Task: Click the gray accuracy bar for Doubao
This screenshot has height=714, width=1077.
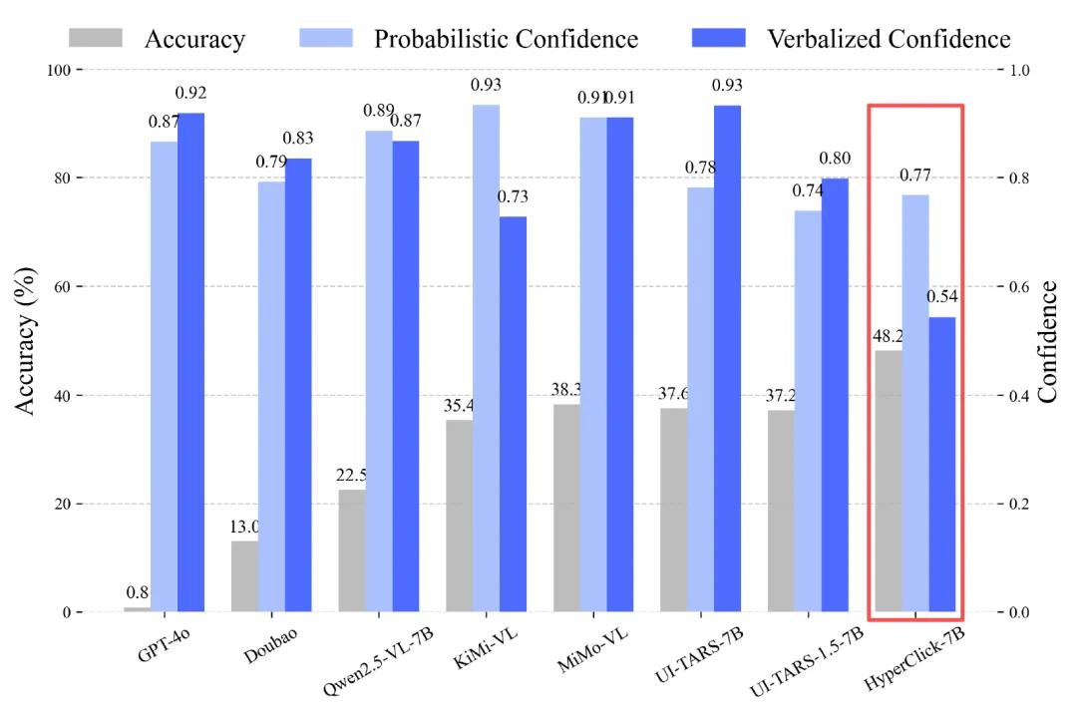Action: tap(244, 575)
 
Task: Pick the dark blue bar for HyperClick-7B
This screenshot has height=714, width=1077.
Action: tap(942, 464)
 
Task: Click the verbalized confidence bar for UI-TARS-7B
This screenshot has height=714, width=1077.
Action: tap(728, 358)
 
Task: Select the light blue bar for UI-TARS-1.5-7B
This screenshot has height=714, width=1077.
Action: tap(808, 411)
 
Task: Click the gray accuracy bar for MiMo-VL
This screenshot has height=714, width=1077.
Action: tap(566, 508)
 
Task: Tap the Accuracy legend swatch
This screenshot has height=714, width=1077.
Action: tap(96, 38)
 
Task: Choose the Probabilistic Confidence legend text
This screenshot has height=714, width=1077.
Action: tap(506, 39)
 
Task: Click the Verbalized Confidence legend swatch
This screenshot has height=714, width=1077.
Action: tap(718, 38)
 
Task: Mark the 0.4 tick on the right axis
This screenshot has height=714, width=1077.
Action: tap(1020, 396)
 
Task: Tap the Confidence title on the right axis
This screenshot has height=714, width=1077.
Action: tap(1047, 341)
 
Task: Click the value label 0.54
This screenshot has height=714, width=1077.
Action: tap(942, 297)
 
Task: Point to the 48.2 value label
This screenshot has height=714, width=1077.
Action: tap(888, 335)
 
